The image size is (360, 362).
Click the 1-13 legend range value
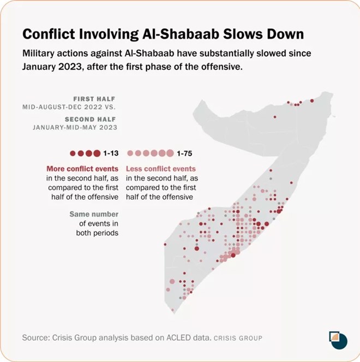coord(111,153)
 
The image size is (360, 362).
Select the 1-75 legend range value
coord(185,153)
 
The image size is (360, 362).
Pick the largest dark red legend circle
coord(97,153)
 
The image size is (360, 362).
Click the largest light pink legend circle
coord(170,153)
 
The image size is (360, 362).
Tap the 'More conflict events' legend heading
coord(82,169)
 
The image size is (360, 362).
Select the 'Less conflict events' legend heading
coord(161,169)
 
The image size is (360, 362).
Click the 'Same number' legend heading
coord(94,214)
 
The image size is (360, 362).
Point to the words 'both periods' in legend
coord(98,233)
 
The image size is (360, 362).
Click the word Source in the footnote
coord(36,338)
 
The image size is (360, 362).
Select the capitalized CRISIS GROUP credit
coord(238,339)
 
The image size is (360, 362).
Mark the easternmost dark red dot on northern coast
coord(312,100)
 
